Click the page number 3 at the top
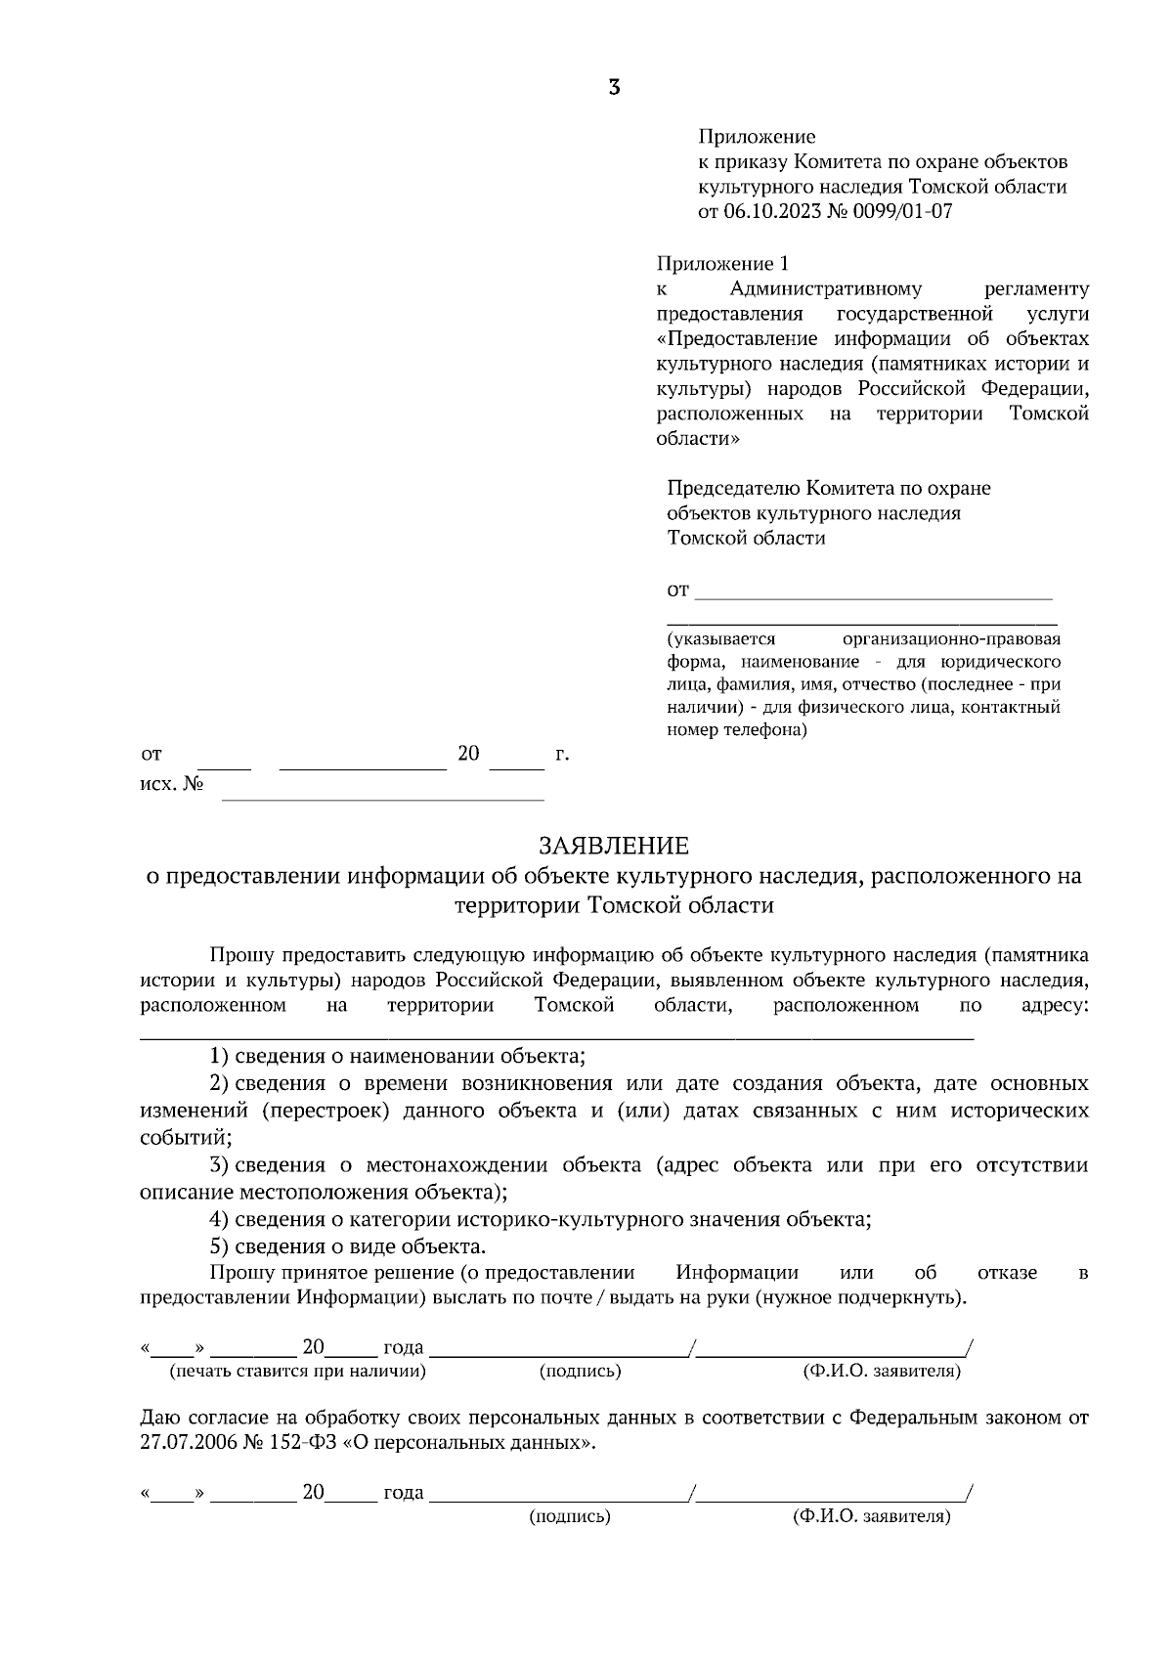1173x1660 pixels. (614, 88)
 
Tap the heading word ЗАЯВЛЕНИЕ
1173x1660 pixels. (614, 846)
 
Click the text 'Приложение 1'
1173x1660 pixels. (720, 264)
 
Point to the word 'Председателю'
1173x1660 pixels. (733, 488)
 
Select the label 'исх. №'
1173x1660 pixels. (171, 785)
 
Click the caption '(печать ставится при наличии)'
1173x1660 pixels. (298, 1372)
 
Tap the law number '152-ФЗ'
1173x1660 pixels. (301, 1443)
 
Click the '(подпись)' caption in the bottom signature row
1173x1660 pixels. (570, 1517)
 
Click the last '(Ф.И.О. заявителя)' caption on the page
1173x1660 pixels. (871, 1517)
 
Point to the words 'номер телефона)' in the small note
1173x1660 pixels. (737, 729)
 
